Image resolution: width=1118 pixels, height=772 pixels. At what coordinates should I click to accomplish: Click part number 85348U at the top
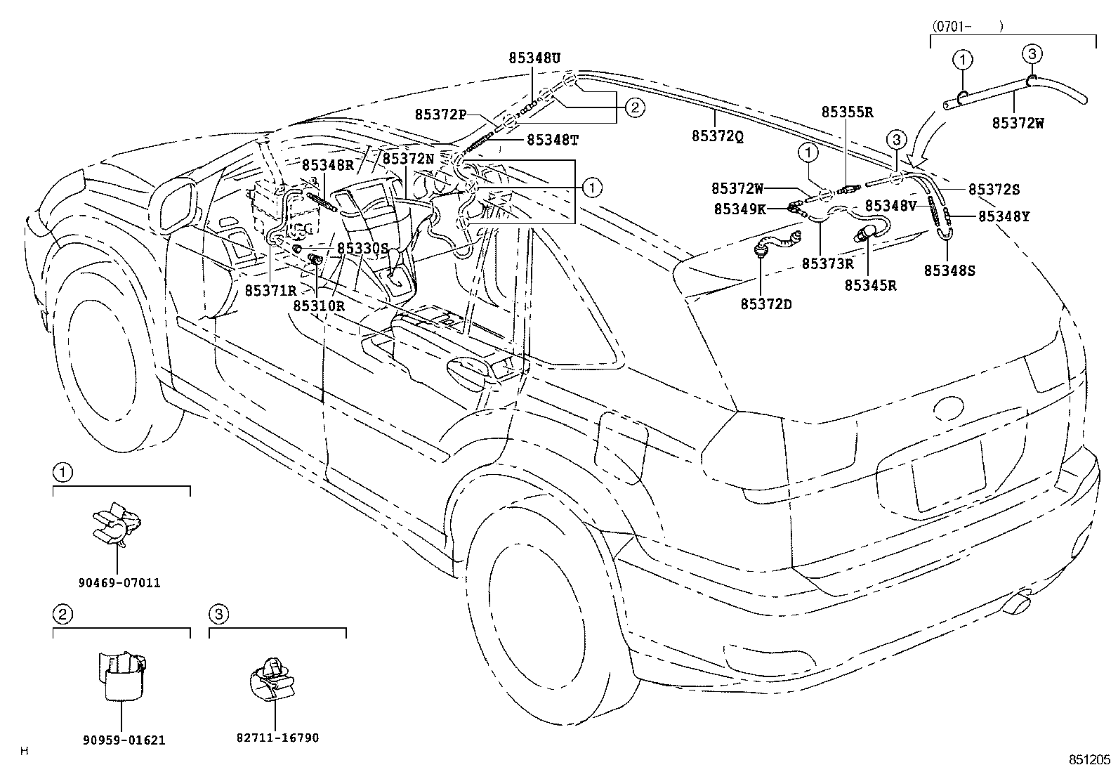pyautogui.click(x=534, y=59)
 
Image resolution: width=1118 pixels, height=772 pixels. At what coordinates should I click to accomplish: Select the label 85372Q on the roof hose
pyautogui.click(x=717, y=137)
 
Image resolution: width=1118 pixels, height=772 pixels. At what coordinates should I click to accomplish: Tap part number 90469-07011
pyautogui.click(x=119, y=583)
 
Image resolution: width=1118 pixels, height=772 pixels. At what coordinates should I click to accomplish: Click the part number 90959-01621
pyautogui.click(x=123, y=740)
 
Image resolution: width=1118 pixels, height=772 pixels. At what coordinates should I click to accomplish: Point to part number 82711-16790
pyautogui.click(x=278, y=738)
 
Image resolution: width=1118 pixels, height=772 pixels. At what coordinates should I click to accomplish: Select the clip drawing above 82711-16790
pyautogui.click(x=273, y=677)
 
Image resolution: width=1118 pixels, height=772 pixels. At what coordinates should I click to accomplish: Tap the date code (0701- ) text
pyautogui.click(x=967, y=27)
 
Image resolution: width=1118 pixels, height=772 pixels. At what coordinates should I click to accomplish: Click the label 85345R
pyautogui.click(x=870, y=285)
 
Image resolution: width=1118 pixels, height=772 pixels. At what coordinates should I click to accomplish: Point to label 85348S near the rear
pyautogui.click(x=949, y=270)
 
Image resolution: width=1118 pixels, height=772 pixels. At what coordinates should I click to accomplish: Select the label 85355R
pyautogui.click(x=848, y=112)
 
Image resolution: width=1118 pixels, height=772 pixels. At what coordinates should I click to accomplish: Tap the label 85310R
pyautogui.click(x=319, y=306)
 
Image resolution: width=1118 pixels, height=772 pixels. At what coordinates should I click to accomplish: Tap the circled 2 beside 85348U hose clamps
pyautogui.click(x=633, y=107)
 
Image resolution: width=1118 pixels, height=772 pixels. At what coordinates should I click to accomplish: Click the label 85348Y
pyautogui.click(x=1004, y=217)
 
